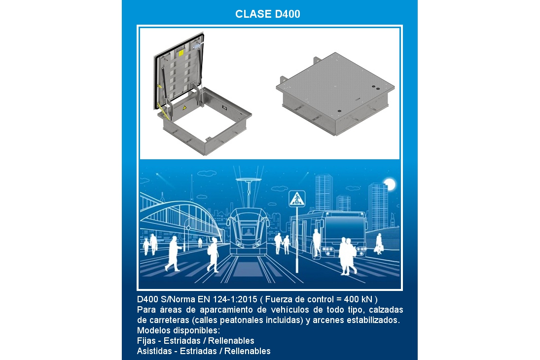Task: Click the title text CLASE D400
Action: click(268, 14)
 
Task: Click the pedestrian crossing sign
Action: click(297, 199)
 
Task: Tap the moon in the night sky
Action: click(390, 184)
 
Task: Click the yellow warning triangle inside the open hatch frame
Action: click(184, 108)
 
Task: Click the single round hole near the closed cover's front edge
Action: click(340, 111)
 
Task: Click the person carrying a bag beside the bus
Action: click(379, 244)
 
